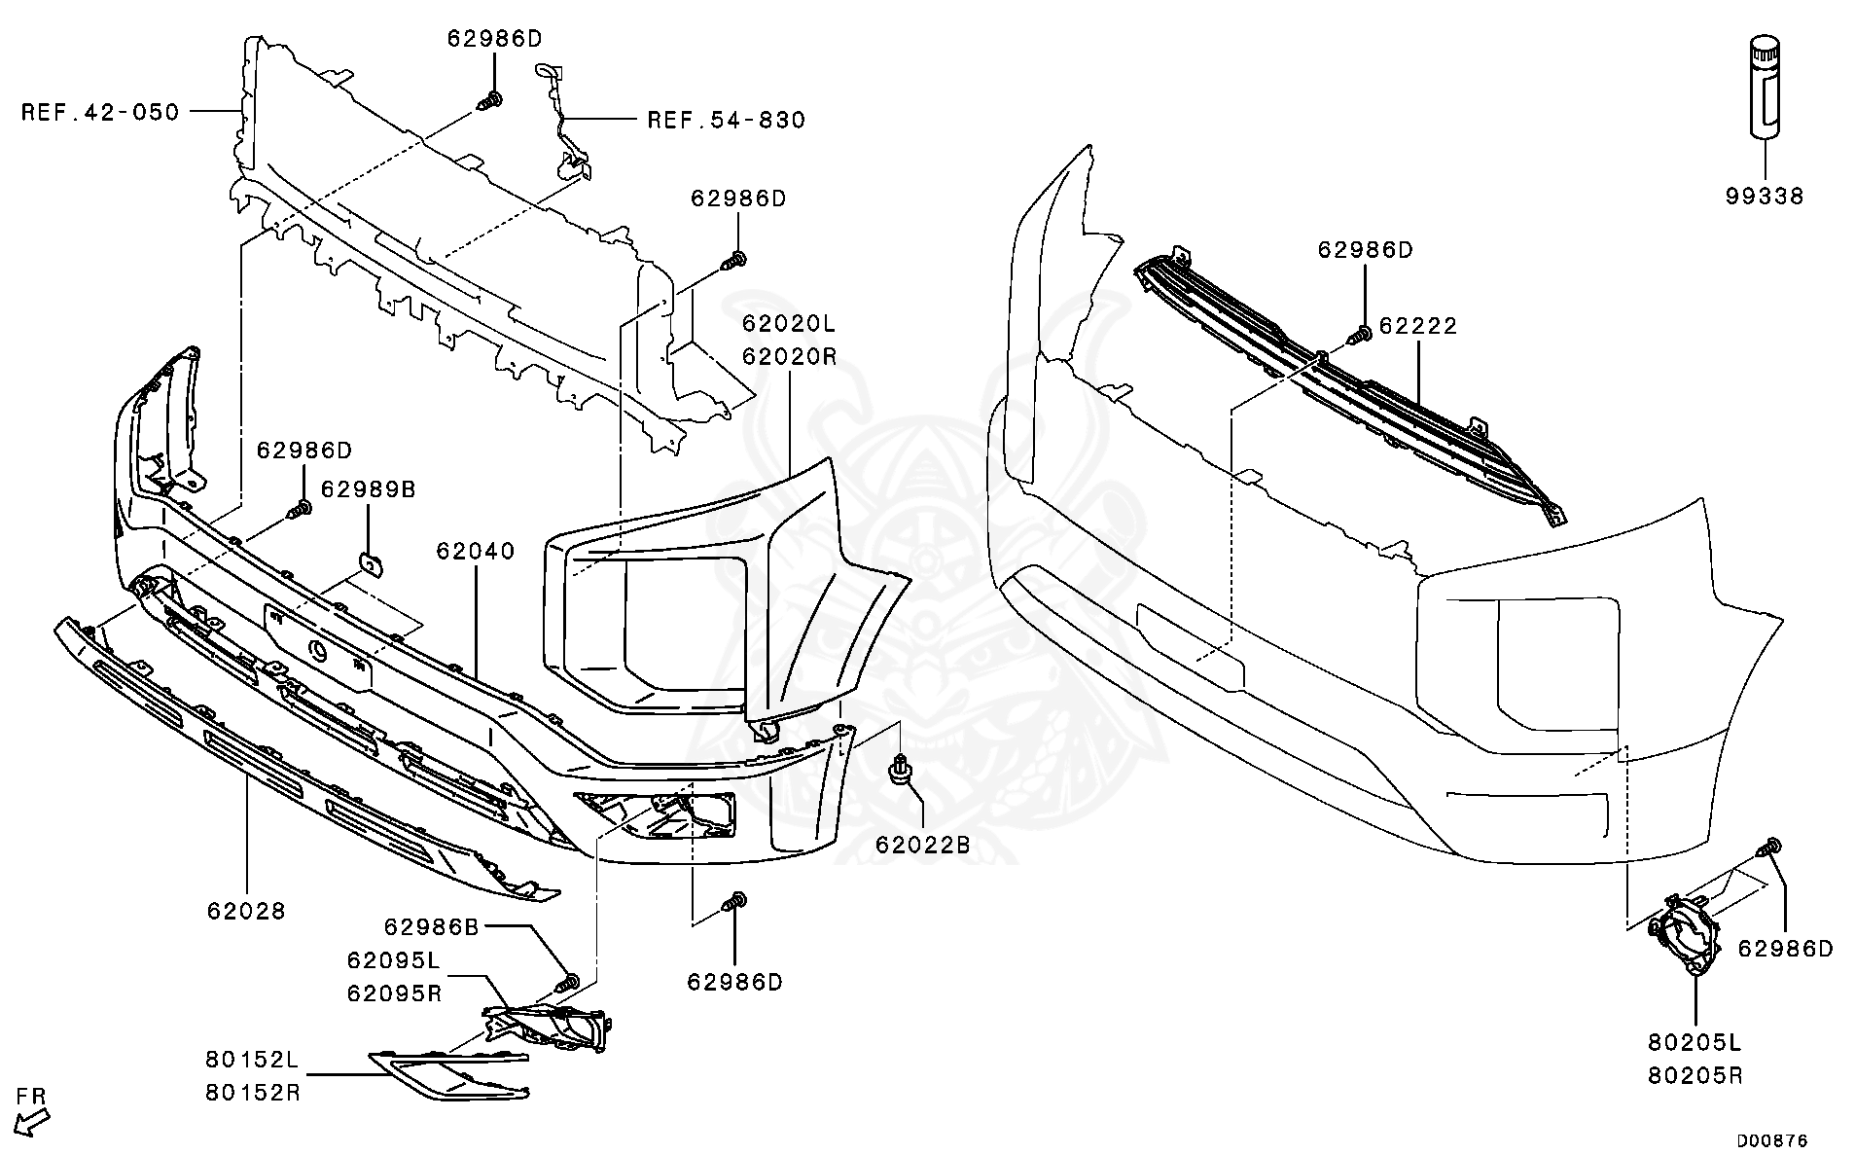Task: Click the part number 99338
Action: pyautogui.click(x=1765, y=197)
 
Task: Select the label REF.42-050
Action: pyautogui.click(x=100, y=113)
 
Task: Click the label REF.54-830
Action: pyautogui.click(x=727, y=121)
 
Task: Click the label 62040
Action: pyautogui.click(x=476, y=552)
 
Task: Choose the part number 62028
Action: pyautogui.click(x=246, y=912)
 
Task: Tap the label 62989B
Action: pyautogui.click(x=369, y=489)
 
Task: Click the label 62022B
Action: pyautogui.click(x=923, y=845)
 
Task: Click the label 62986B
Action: pyautogui.click(x=432, y=927)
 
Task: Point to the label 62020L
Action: pyautogui.click(x=788, y=323)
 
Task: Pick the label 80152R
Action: pyautogui.click(x=252, y=1093)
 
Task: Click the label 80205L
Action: pyautogui.click(x=1694, y=1043)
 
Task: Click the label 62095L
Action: pyautogui.click(x=393, y=960)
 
